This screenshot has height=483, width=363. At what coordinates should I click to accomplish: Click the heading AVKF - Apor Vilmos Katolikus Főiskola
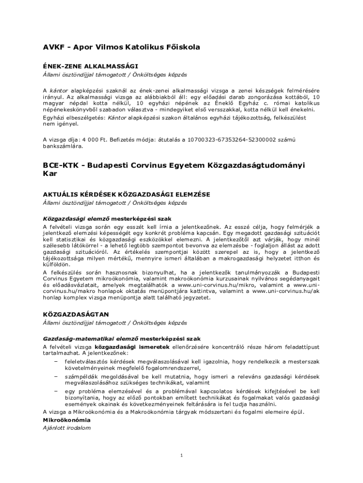pos(122,47)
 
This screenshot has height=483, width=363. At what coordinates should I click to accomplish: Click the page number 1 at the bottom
pos(181,455)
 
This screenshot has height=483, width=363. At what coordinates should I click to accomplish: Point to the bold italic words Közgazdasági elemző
pos(73,219)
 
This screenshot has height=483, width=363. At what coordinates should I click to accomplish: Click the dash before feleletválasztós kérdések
pos(56,361)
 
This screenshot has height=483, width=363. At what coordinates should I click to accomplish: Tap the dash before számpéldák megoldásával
pos(56,376)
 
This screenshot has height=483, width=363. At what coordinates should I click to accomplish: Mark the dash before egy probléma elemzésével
pos(56,391)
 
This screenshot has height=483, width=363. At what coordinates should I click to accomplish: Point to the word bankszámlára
pos(63,146)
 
